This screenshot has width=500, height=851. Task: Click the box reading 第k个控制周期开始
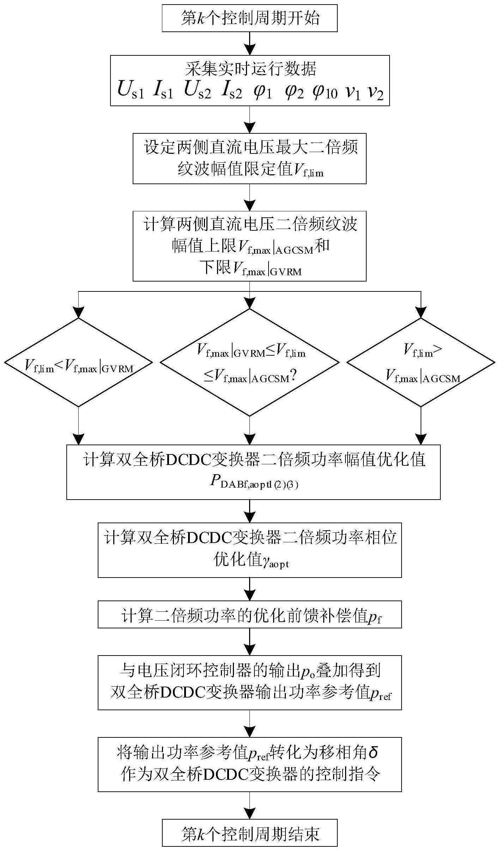[249, 18]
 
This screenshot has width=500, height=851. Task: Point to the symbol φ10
[325, 91]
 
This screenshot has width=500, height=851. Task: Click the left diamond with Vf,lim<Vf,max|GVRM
[78, 362]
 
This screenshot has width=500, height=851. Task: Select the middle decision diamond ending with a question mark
[249, 362]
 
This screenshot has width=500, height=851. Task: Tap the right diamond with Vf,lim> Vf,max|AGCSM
[421, 362]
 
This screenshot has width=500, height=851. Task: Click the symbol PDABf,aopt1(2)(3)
[254, 483]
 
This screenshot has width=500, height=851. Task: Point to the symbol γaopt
[275, 561]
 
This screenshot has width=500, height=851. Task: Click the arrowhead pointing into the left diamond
[78, 312]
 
